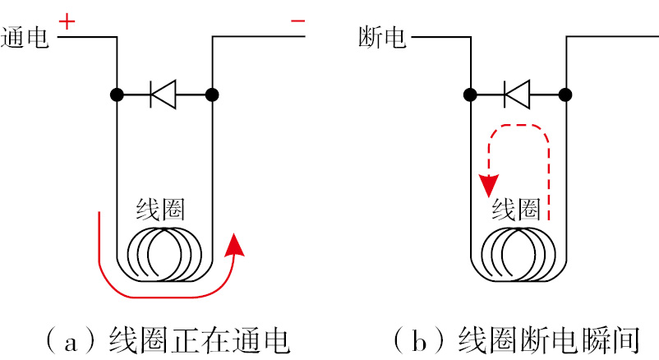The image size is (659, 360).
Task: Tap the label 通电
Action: [x=26, y=38]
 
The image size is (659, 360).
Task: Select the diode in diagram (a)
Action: [x=164, y=95]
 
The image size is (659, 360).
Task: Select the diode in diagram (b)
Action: [x=517, y=95]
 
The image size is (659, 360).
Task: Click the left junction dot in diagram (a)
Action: [x=117, y=95]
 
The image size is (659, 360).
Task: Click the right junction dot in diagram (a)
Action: [x=212, y=95]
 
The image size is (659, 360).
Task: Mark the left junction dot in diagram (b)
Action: [x=470, y=95]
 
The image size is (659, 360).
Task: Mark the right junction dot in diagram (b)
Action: [x=565, y=95]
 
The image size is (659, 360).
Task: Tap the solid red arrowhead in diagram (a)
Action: [x=236, y=243]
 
